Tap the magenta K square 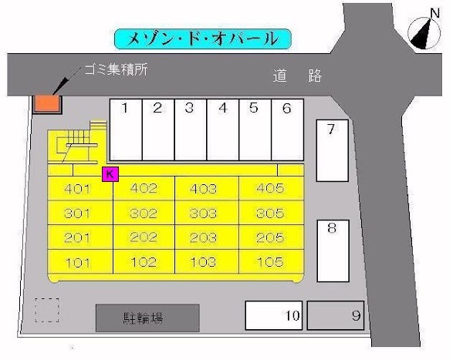pyautogui.click(x=110, y=174)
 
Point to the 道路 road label pyautogui.click(x=297, y=76)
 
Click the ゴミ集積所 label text pyautogui.click(x=116, y=69)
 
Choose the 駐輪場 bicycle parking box pyautogui.click(x=147, y=317)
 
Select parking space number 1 pyautogui.click(x=125, y=130)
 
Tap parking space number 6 pyautogui.click(x=287, y=130)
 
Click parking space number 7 pyautogui.click(x=333, y=150)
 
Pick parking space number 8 pyautogui.click(x=333, y=251)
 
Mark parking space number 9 pyautogui.click(x=336, y=315)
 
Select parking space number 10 pyautogui.click(x=273, y=315)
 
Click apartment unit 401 pyautogui.click(x=79, y=188)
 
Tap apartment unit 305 pyautogui.click(x=269, y=213)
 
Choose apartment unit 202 pyautogui.click(x=144, y=237)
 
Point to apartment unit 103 pyautogui.click(x=204, y=262)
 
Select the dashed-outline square pyautogui.click(x=47, y=309)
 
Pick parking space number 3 pyautogui.click(x=190, y=130)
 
